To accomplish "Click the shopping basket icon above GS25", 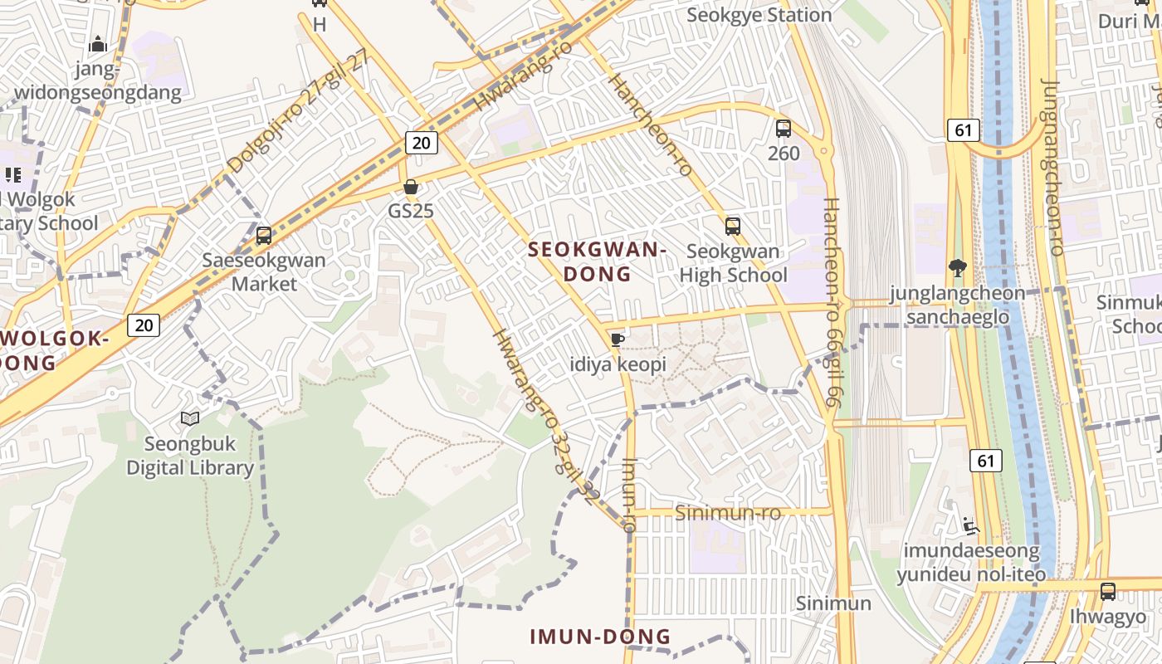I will pyautogui.click(x=410, y=187).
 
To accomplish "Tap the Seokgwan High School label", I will pyautogui.click(x=734, y=263).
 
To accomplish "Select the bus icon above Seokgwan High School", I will pyautogui.click(x=732, y=226).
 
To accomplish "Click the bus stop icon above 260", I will pyautogui.click(x=783, y=129).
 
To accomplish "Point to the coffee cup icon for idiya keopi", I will pyautogui.click(x=617, y=339).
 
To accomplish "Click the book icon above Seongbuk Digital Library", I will pyautogui.click(x=190, y=419).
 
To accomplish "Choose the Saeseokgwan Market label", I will pyautogui.click(x=264, y=271).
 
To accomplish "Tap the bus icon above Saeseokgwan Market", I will pyautogui.click(x=264, y=236).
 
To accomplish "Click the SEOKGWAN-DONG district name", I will pyautogui.click(x=598, y=261).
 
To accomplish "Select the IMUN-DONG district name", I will pyautogui.click(x=600, y=637).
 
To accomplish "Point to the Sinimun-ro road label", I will pyautogui.click(x=728, y=513).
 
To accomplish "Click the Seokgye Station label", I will pyautogui.click(x=759, y=15).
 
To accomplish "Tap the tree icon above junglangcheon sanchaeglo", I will pyautogui.click(x=958, y=267).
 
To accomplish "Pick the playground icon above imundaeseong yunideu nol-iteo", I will pyautogui.click(x=970, y=526).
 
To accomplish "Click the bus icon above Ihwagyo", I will pyautogui.click(x=1108, y=592).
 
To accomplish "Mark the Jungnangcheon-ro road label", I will pyautogui.click(x=1053, y=166).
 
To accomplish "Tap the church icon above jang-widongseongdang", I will pyautogui.click(x=98, y=44).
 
